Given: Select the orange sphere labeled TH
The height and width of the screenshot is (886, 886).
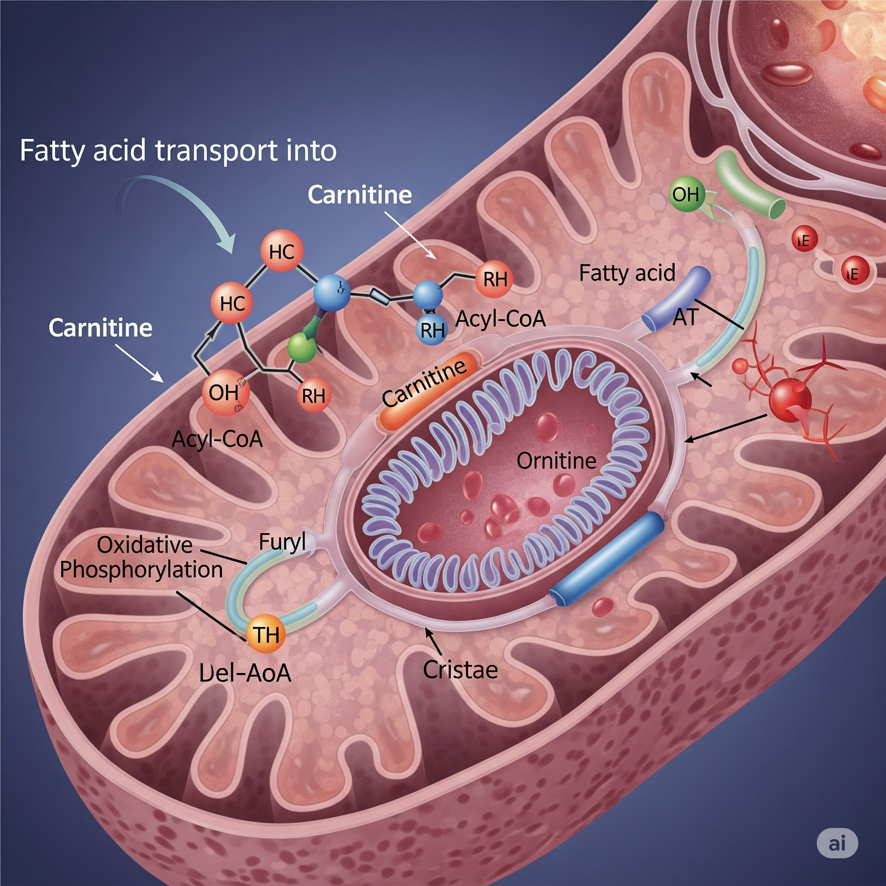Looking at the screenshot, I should pos(266,634).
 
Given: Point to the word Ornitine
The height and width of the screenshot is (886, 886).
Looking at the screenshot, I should pos(556,460).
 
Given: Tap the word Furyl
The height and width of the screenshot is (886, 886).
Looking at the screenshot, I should pos(282,542).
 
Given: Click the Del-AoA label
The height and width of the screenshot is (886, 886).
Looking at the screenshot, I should pos(245,673).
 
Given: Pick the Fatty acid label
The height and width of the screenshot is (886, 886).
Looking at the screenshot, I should pos(627,273).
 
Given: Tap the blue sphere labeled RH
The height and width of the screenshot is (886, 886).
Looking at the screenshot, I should pos(432,329).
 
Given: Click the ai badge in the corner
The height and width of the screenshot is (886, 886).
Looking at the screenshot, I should pos(838,843).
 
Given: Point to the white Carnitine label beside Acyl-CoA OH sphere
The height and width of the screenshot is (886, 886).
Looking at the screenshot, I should pos(100,328).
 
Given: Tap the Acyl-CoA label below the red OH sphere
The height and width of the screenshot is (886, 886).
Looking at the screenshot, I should pos(217,439).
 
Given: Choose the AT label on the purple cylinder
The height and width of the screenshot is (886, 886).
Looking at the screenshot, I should pos(685,316).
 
